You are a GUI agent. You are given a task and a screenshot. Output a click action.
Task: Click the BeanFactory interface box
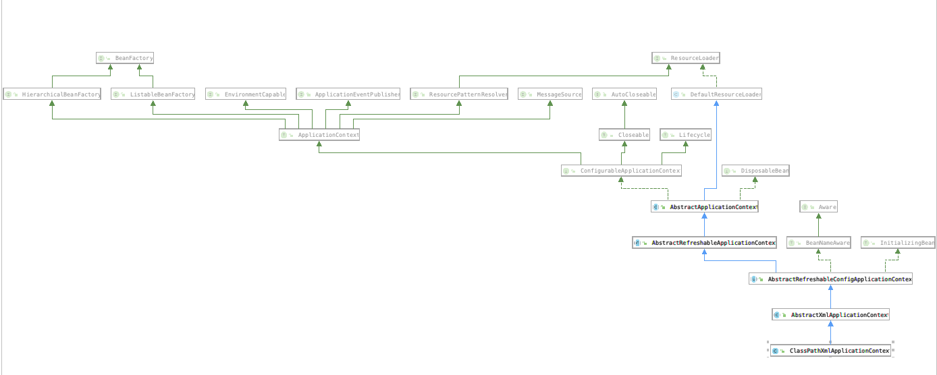pyautogui.click(x=126, y=59)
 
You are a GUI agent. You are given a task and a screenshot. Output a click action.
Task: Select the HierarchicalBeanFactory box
pyautogui.click(x=53, y=94)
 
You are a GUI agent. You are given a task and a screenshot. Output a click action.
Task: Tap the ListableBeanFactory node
pyautogui.click(x=153, y=94)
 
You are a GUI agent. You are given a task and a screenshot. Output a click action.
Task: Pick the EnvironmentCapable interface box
pyautogui.click(x=246, y=94)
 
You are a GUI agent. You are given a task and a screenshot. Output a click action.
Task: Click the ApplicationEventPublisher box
pyautogui.click(x=348, y=94)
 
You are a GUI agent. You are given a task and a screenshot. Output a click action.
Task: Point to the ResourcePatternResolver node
pyautogui.click(x=459, y=94)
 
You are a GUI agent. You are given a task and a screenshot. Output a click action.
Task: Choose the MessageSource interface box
pyautogui.click(x=550, y=94)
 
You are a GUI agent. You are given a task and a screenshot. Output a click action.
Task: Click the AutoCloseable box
pyautogui.click(x=624, y=94)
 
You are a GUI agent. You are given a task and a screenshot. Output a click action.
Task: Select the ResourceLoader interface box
pyautogui.click(x=686, y=59)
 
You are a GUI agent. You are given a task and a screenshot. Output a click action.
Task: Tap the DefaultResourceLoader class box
pyautogui.click(x=717, y=94)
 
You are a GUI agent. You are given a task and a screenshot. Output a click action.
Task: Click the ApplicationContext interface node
pyautogui.click(x=319, y=135)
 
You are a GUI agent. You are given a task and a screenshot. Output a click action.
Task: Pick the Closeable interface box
pyautogui.click(x=624, y=135)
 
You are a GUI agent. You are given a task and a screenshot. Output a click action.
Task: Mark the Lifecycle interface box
pyautogui.click(x=686, y=135)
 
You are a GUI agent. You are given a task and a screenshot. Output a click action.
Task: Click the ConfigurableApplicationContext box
pyautogui.click(x=621, y=171)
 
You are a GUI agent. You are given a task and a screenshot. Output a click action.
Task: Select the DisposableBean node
pyautogui.click(x=755, y=171)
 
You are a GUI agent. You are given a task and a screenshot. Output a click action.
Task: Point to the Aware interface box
pyautogui.click(x=819, y=207)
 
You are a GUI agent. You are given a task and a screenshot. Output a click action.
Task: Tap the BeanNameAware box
pyautogui.click(x=819, y=243)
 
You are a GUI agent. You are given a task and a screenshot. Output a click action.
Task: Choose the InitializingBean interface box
pyautogui.click(x=898, y=243)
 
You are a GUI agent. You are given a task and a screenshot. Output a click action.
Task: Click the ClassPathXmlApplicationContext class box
pyautogui.click(x=830, y=351)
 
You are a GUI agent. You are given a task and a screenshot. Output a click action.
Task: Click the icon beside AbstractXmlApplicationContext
pyautogui.click(x=777, y=315)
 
